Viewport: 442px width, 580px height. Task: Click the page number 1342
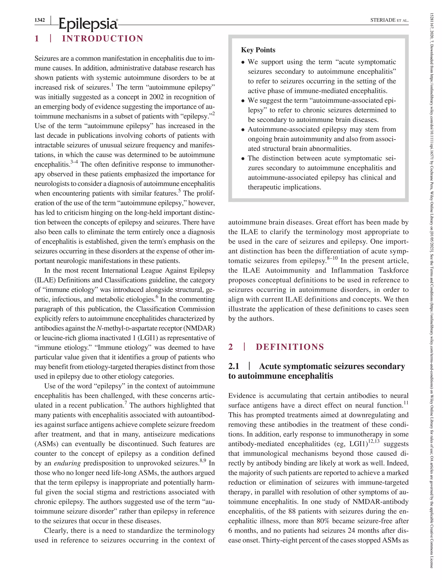[40, 20]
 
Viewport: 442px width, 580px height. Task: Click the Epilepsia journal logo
[88, 24]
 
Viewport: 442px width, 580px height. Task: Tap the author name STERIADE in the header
[383, 20]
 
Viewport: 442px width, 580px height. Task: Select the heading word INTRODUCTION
[103, 39]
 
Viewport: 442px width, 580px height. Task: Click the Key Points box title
[258, 50]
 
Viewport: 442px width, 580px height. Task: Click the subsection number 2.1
[234, 366]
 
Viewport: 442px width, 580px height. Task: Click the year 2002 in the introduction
[156, 97]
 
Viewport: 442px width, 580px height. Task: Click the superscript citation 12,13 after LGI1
[374, 441]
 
